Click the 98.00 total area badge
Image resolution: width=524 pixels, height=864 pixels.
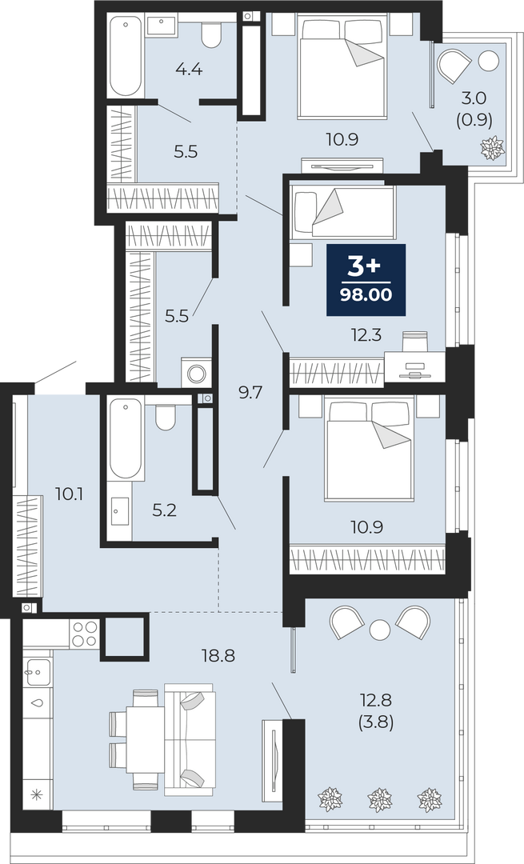tap(366, 280)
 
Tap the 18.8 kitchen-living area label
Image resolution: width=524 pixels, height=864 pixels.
tap(218, 655)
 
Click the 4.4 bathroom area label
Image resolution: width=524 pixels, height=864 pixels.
tap(189, 70)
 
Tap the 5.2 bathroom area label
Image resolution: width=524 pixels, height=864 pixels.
tap(164, 510)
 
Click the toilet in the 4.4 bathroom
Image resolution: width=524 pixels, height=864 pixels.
tap(210, 33)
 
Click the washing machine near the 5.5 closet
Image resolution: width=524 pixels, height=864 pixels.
tap(196, 373)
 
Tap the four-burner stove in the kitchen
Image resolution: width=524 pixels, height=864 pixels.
tap(84, 633)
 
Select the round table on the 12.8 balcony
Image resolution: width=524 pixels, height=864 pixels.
tap(380, 630)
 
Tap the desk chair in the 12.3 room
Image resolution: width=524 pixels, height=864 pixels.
tap(414, 341)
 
